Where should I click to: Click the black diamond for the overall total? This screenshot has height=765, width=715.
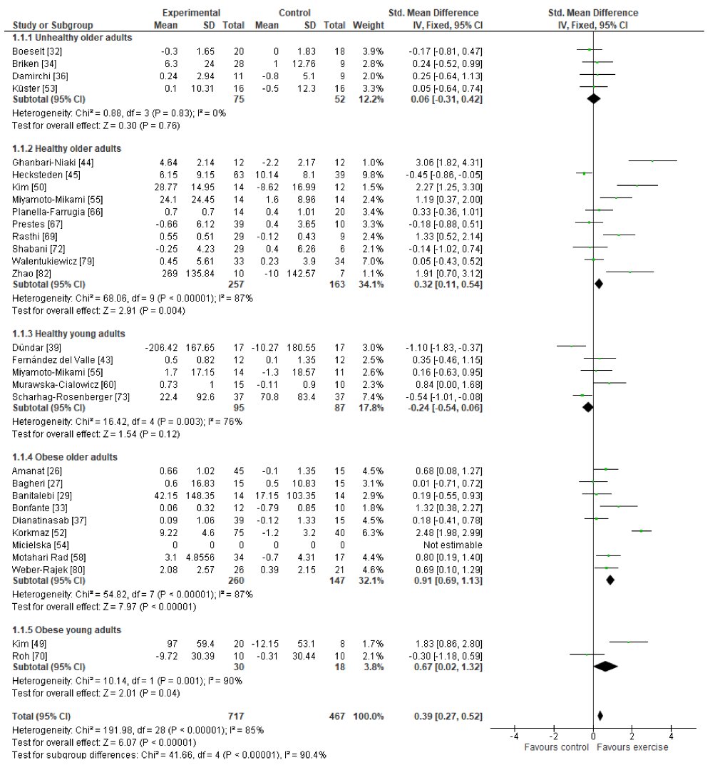(x=600, y=714)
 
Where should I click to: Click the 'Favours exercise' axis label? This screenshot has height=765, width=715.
(x=632, y=748)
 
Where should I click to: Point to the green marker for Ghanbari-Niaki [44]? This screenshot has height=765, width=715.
(x=652, y=161)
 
